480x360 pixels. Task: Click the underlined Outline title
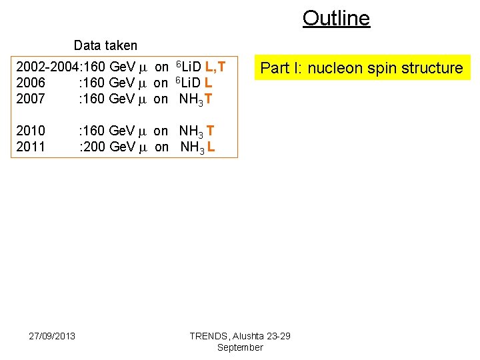(336, 18)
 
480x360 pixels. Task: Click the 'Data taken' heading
(105, 45)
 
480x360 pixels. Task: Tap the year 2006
(31, 83)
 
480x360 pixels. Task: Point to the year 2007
(31, 99)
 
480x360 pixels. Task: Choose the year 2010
(31, 131)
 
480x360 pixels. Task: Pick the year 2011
(31, 146)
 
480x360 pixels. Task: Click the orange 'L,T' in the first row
(215, 67)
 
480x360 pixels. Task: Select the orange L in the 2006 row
(209, 83)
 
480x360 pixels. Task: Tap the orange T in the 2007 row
(209, 99)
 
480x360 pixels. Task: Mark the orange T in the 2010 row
(211, 131)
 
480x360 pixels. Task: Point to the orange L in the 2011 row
(211, 146)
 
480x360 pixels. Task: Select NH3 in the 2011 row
(192, 147)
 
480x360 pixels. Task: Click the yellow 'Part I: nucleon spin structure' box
(361, 68)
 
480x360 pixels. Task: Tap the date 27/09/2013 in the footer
(52, 335)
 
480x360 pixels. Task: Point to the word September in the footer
(240, 347)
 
